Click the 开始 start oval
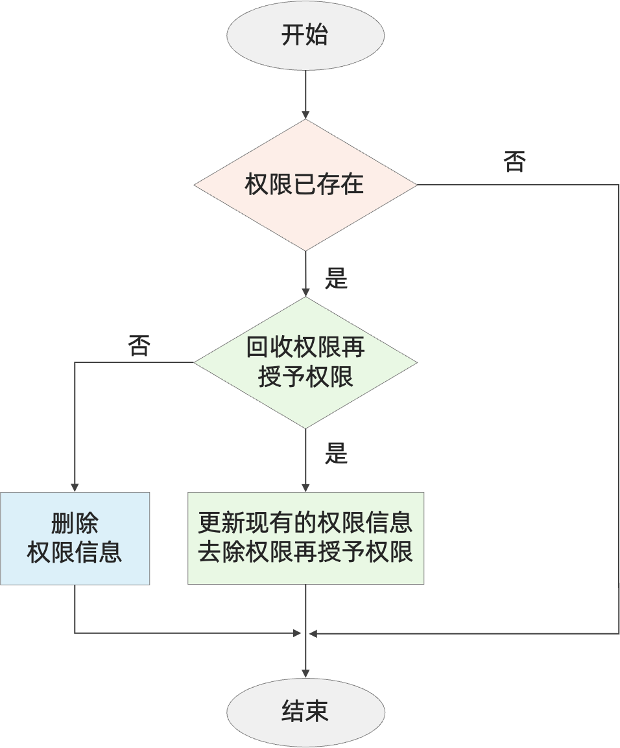point(305,35)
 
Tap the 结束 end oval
point(305,711)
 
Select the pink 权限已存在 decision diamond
point(305,185)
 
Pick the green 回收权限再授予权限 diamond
point(305,362)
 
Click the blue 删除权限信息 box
point(75,539)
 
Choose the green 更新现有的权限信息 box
point(305,539)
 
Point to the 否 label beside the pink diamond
point(514,162)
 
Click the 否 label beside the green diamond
point(139,345)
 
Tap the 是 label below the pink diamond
point(336,279)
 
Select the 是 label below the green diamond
point(336,454)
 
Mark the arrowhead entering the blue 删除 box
point(75,487)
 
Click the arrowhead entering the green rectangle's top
point(305,487)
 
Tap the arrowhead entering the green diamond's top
point(305,292)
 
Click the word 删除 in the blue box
point(75,524)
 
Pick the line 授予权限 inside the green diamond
point(305,377)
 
